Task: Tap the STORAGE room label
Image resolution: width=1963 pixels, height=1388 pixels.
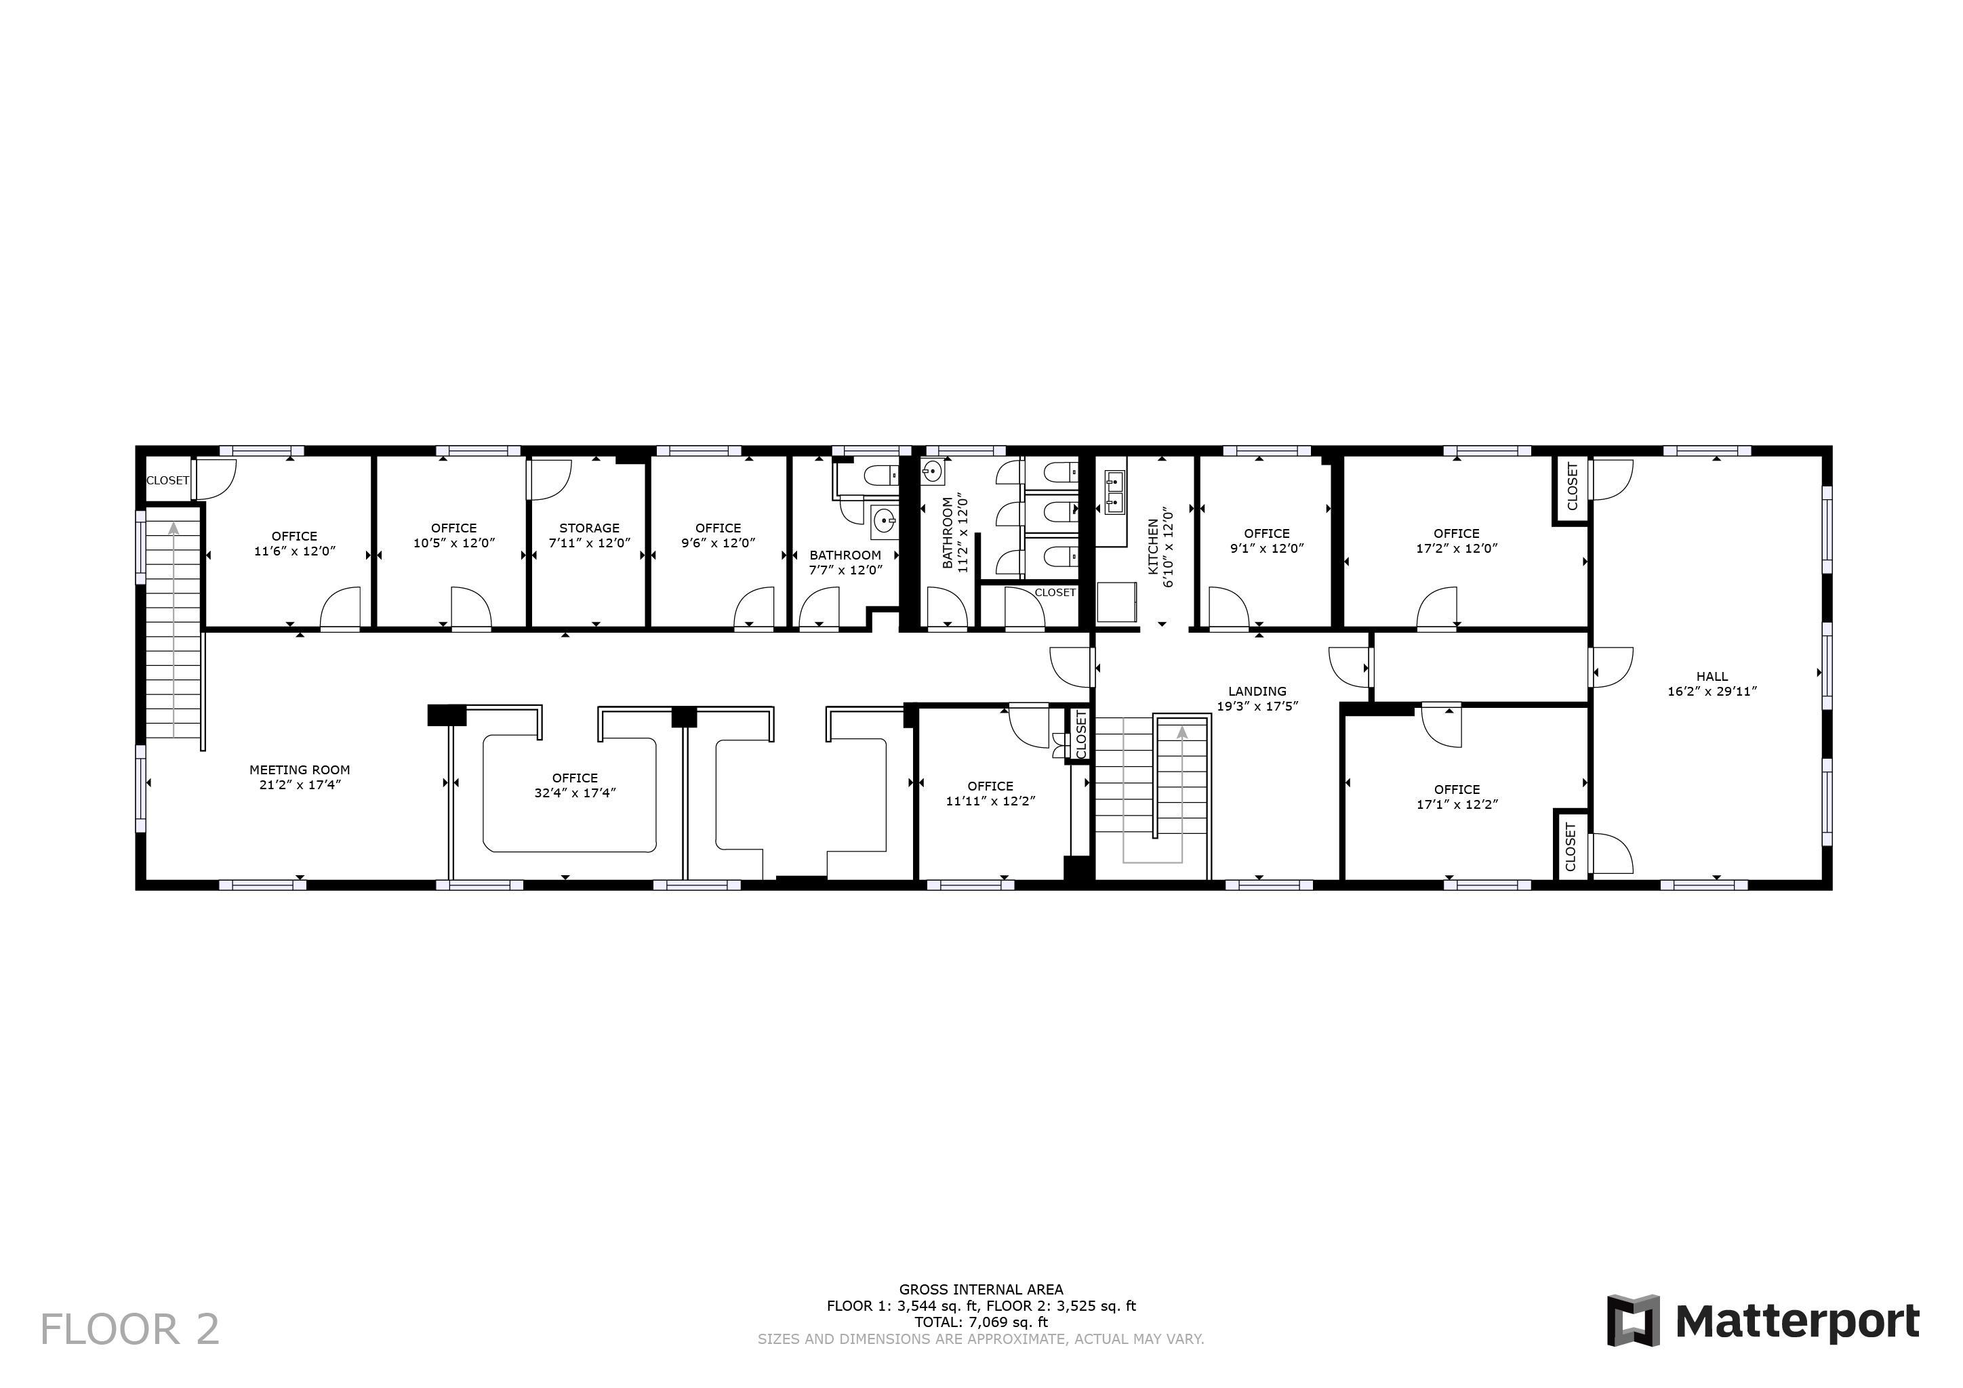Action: click(x=589, y=528)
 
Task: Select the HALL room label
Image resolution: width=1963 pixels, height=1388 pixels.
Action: click(x=1712, y=676)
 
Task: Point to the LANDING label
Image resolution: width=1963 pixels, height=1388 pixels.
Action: click(x=1257, y=692)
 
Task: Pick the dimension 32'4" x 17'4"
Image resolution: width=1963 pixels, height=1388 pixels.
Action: click(x=575, y=793)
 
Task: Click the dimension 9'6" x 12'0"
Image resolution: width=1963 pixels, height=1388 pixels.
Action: click(x=719, y=543)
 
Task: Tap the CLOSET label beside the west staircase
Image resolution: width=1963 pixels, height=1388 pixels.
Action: click(x=167, y=480)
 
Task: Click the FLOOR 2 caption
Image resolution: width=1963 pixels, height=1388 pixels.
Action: click(x=130, y=1330)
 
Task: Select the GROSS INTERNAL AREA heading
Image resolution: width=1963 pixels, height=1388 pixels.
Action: click(x=981, y=1290)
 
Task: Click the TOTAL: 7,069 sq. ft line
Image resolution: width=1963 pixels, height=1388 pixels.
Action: click(x=981, y=1322)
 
